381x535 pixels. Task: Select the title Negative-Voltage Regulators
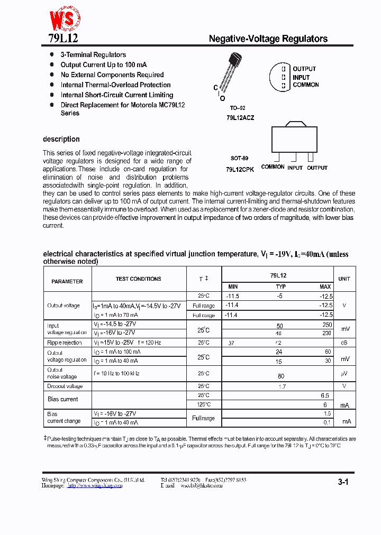point(268,39)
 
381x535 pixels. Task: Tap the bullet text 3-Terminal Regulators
point(93,55)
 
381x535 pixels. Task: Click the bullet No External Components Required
point(112,75)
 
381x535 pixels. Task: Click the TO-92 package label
point(238,108)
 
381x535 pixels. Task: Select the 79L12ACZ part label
point(240,118)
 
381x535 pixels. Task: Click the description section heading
point(61,140)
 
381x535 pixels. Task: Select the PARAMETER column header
point(67,282)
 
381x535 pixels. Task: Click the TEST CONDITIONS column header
point(139,279)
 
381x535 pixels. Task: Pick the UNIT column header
point(344,279)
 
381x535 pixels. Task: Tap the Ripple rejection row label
point(65,343)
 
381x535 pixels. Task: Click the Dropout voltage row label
point(65,386)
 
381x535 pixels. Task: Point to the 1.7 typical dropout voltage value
point(282,386)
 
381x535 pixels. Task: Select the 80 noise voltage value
point(280,376)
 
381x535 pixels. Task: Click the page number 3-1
point(343,482)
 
